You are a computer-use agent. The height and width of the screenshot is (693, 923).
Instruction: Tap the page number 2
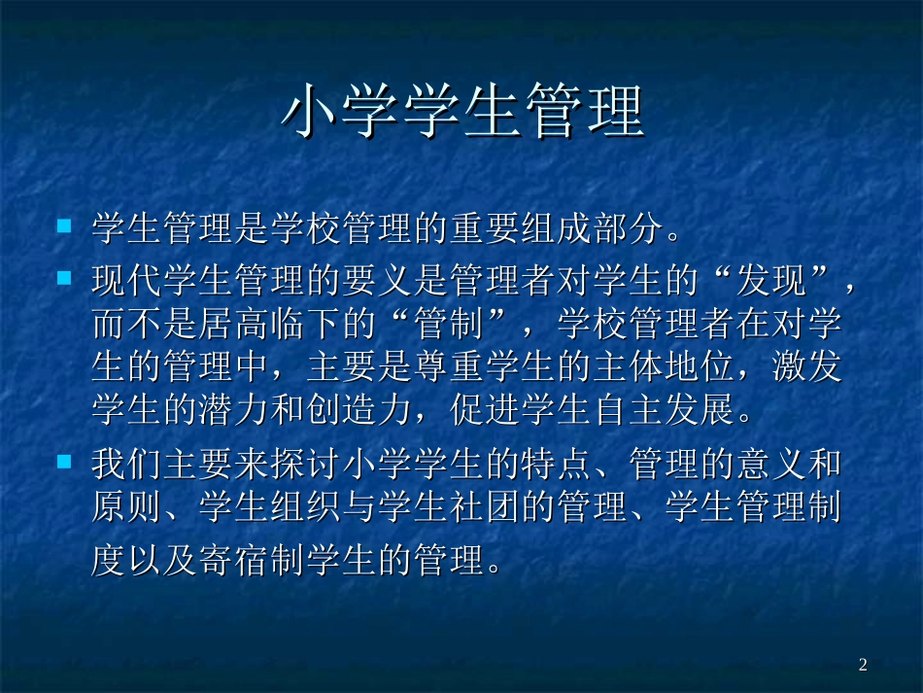pyautogui.click(x=863, y=665)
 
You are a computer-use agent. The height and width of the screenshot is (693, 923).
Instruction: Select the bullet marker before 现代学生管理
pyautogui.click(x=65, y=278)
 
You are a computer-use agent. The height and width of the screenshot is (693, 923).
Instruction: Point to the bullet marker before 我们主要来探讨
pyautogui.click(x=65, y=460)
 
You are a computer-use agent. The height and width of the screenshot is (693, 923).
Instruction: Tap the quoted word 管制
pyautogui.click(x=453, y=324)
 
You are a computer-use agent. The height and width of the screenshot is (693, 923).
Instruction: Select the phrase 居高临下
pyautogui.click(x=273, y=324)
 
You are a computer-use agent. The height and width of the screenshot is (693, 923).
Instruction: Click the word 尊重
pyautogui.click(x=453, y=367)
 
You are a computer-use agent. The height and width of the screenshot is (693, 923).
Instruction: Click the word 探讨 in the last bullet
pyautogui.click(x=309, y=464)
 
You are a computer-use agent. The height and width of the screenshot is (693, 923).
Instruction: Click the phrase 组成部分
pyautogui.click(x=597, y=229)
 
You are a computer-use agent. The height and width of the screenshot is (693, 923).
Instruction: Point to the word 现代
pyautogui.click(x=129, y=281)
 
